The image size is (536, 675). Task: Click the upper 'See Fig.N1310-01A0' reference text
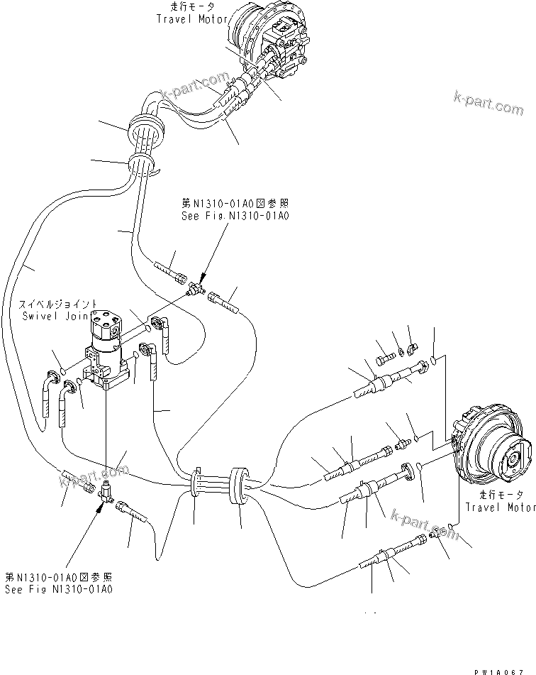coord(235,215)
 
